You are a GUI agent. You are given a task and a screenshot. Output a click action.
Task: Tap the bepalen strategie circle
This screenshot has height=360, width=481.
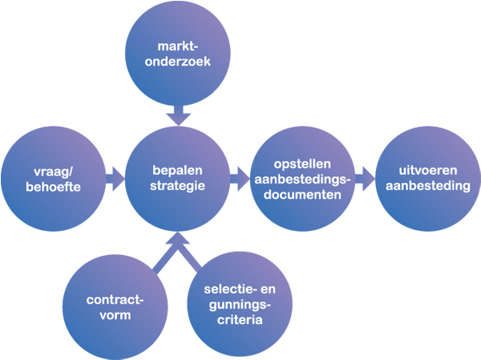click(179, 178)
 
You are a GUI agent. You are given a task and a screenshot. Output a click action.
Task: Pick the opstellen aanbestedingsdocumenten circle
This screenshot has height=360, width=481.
click(302, 178)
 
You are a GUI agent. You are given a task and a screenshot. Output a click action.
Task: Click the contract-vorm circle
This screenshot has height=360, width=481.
click(115, 308)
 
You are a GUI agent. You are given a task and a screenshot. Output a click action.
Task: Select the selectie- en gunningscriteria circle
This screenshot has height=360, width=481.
click(237, 308)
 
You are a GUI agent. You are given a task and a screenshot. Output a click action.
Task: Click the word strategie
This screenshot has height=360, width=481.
click(179, 186)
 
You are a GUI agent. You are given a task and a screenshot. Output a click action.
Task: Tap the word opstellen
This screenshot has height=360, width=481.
click(301, 163)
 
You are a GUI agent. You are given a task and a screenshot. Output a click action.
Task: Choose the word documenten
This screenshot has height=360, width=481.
click(301, 194)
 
